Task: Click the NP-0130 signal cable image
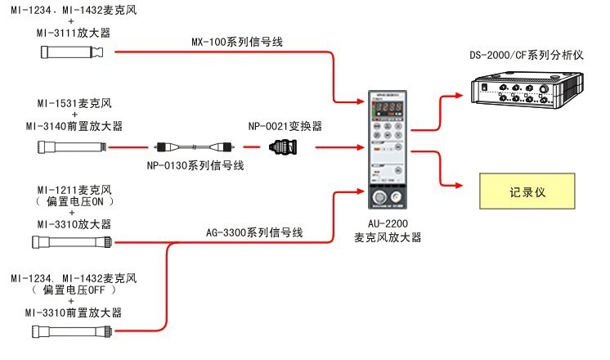[x=194, y=148]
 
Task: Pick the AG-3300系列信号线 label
[x=254, y=233]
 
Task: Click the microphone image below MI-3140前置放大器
[x=73, y=147]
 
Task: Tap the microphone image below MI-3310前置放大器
[x=73, y=331]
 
